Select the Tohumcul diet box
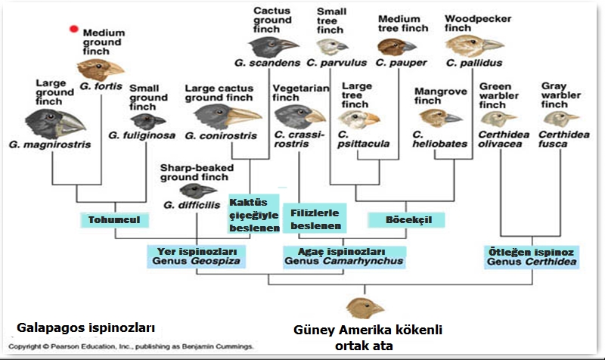point(115,220)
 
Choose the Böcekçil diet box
point(405,219)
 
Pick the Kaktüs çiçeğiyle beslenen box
point(254,215)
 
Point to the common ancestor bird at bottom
point(365,308)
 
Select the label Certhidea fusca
point(559,138)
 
